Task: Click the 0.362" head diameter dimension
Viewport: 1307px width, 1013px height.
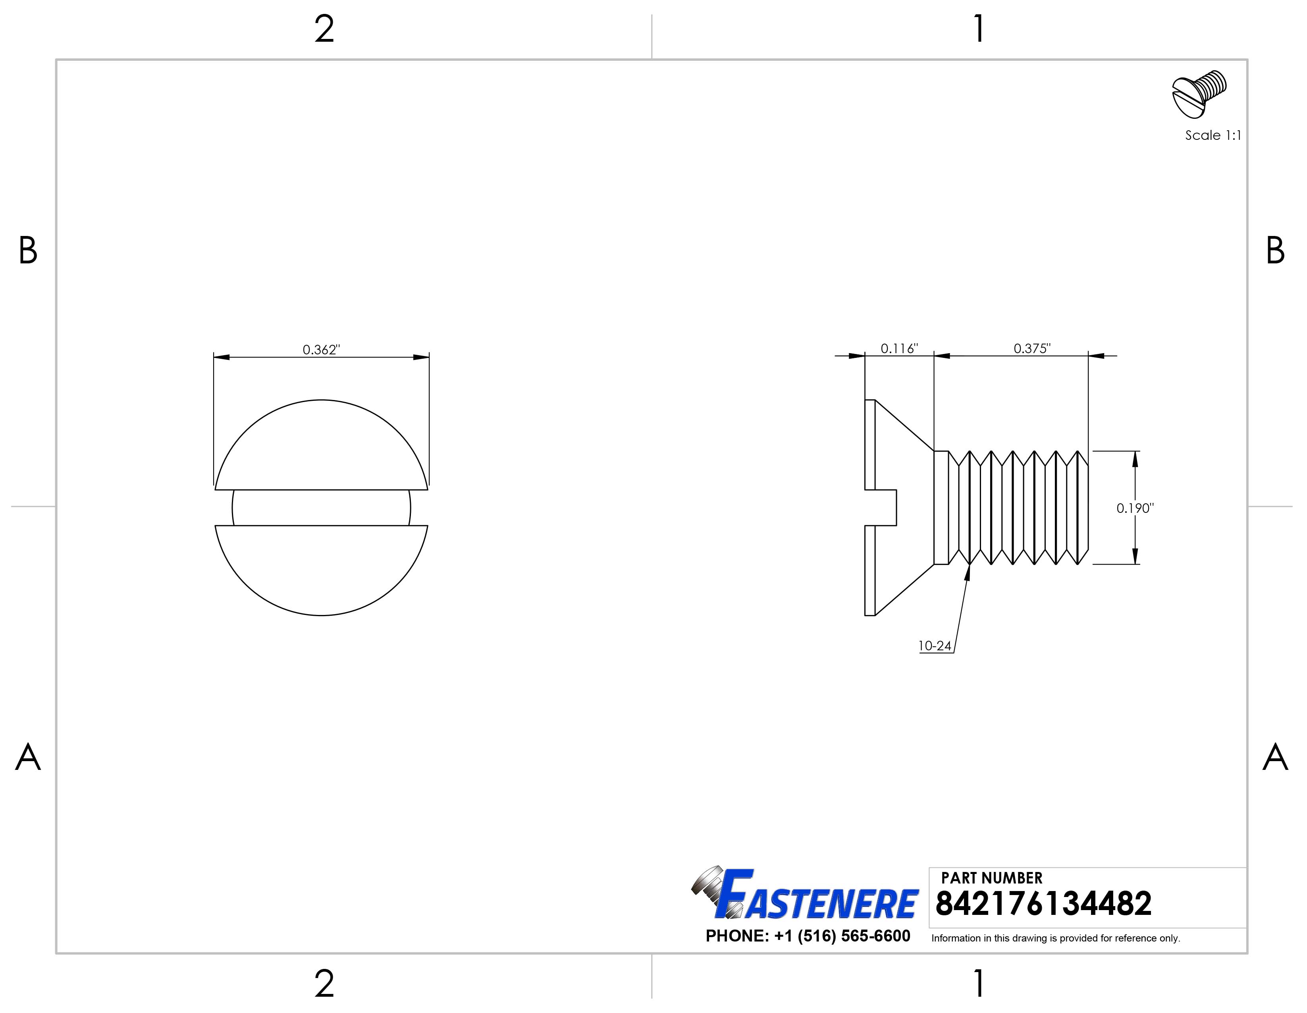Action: tap(321, 350)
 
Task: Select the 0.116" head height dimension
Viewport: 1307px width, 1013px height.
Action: tap(899, 348)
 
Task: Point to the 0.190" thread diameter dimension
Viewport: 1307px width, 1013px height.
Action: tap(1135, 508)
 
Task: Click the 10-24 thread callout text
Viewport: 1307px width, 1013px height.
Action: tap(935, 646)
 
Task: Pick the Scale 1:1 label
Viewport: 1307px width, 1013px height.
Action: tap(1213, 135)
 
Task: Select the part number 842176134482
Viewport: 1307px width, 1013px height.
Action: tap(1043, 904)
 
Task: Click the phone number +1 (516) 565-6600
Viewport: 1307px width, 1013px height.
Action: tap(808, 936)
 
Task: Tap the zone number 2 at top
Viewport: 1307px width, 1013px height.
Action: tap(324, 29)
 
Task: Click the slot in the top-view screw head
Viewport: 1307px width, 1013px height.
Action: tap(321, 508)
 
